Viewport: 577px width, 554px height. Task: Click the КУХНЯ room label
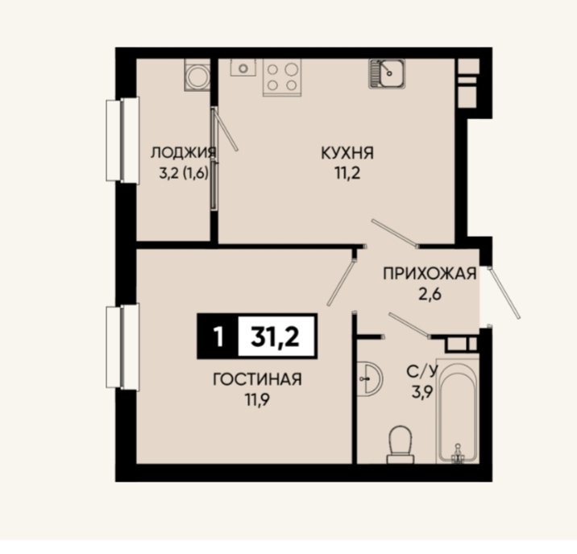[x=347, y=153]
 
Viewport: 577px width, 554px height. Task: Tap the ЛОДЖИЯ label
[x=183, y=152]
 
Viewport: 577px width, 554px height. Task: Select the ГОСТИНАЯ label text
[x=257, y=379]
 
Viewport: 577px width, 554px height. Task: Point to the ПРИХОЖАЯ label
[x=430, y=274]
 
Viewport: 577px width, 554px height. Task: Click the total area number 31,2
[x=276, y=337]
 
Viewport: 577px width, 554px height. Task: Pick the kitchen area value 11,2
[x=347, y=173]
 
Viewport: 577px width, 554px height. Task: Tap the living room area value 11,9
[x=258, y=399]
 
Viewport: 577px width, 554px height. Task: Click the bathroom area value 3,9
[x=421, y=392]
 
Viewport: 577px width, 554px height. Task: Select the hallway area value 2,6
[x=430, y=294]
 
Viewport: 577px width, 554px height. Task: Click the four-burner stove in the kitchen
[x=282, y=77]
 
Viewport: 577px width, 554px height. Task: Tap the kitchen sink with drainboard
[x=387, y=73]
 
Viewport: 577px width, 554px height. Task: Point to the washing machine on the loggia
[x=197, y=76]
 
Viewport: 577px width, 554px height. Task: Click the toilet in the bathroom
[x=401, y=444]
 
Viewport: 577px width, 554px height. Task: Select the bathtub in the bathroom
[x=458, y=410]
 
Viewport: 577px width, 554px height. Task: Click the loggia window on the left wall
[x=122, y=140]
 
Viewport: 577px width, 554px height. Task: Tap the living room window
[x=122, y=347]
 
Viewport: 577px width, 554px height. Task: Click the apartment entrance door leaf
[x=504, y=293]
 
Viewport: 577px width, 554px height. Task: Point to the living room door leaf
[x=341, y=283]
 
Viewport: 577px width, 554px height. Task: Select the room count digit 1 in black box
[x=218, y=337]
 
